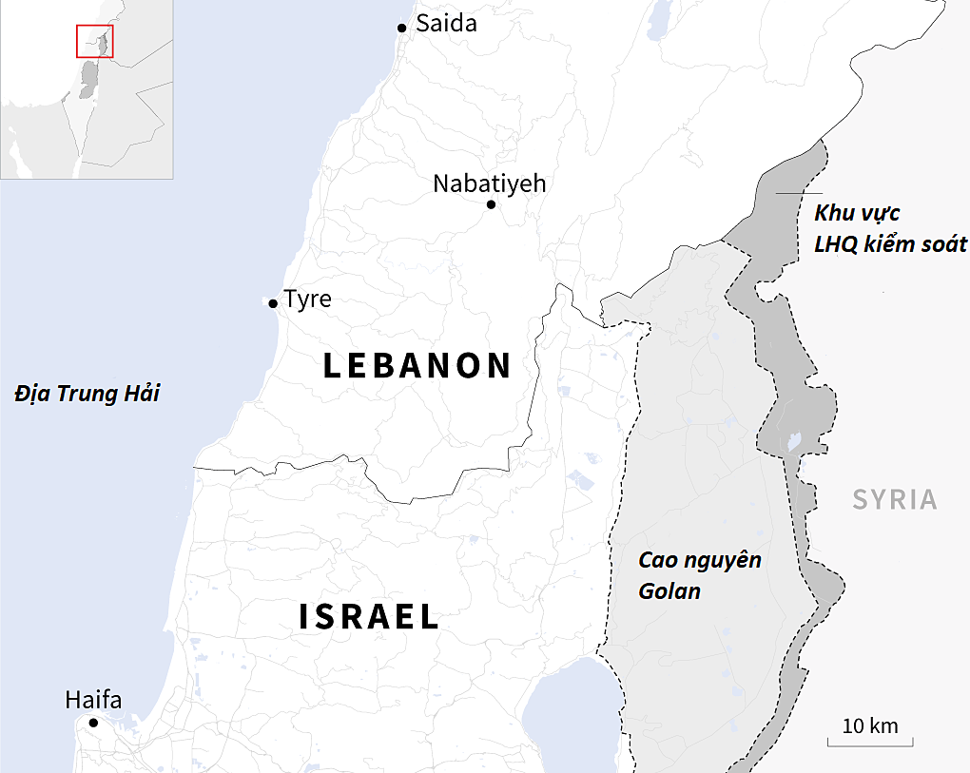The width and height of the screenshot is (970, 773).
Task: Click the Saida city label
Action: [446, 24]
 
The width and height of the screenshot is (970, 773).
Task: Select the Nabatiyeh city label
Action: [489, 184]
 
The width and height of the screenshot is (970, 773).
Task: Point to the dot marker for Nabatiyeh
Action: [491, 204]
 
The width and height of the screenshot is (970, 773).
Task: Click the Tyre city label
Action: [308, 299]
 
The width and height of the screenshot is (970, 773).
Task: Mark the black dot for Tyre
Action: [273, 303]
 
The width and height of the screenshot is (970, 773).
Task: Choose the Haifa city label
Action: [93, 701]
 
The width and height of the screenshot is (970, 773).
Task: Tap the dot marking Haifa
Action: [93, 723]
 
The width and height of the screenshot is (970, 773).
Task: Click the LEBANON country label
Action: [417, 366]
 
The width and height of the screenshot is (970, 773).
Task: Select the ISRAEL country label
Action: [369, 617]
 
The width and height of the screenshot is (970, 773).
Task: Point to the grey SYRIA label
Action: [894, 500]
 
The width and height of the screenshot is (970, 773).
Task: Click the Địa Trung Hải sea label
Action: [87, 394]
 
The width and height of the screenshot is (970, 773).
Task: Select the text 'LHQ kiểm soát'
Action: [890, 245]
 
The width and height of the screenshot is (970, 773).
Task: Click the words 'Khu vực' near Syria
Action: [856, 213]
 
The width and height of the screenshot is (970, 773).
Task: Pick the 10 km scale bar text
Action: [869, 725]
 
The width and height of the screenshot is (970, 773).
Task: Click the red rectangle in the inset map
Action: [94, 42]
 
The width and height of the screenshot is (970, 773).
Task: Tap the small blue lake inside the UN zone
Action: [791, 442]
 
